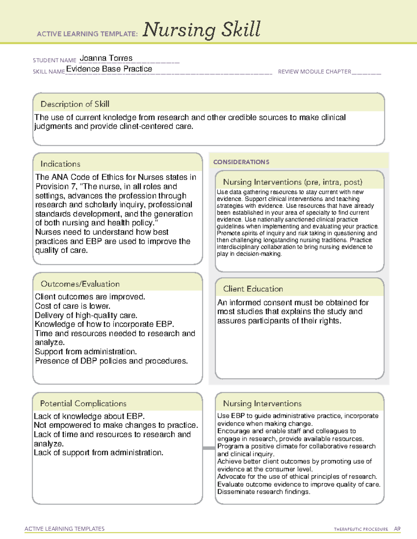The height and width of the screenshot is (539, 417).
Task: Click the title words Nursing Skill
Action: (202, 30)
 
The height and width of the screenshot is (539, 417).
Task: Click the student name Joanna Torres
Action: (106, 58)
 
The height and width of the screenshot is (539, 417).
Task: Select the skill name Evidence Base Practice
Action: (109, 69)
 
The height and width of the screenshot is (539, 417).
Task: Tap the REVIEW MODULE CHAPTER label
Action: (314, 72)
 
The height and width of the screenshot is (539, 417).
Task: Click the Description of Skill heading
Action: (75, 104)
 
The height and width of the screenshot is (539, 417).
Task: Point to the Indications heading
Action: (60, 164)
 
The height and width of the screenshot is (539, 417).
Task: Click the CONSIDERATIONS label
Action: (241, 162)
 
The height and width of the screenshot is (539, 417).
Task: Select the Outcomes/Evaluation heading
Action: (80, 284)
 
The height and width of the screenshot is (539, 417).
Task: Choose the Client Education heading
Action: (253, 289)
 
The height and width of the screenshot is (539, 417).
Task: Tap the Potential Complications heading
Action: (83, 404)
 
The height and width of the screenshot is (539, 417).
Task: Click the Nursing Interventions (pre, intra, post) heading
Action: (293, 182)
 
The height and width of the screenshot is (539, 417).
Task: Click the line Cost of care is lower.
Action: (72, 306)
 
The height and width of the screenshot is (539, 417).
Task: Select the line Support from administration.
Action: (85, 352)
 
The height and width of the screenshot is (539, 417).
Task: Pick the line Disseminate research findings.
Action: (263, 492)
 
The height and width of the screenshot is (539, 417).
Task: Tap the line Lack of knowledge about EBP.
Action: (89, 416)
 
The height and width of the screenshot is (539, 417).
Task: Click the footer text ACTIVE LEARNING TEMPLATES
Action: (65, 529)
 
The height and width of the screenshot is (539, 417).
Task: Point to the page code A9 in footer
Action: (397, 529)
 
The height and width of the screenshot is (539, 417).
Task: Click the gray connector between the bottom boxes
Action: (209, 448)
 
